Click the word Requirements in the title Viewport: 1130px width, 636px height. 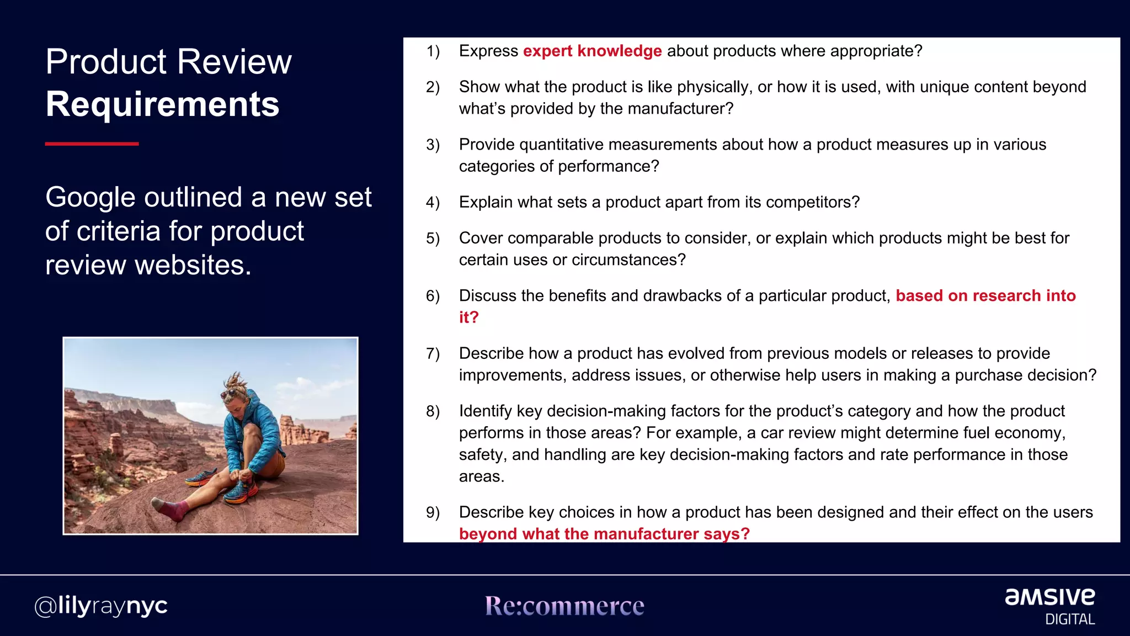coord(162,104)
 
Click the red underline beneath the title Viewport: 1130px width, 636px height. coord(92,144)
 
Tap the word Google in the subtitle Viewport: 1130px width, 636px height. coord(89,198)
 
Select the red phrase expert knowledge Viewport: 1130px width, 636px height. coord(592,51)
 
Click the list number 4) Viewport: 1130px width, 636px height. coord(433,203)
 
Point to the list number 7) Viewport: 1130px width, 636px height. coord(433,354)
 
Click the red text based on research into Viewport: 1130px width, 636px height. coord(985,296)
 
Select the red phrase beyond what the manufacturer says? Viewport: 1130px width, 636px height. coord(604,534)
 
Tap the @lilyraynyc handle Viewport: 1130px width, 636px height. coord(101,606)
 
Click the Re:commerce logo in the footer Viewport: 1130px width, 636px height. coord(564,606)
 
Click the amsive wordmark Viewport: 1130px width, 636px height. coord(1049,597)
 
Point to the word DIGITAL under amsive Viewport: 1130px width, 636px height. coord(1070,619)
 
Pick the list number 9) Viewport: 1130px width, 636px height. coord(433,513)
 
